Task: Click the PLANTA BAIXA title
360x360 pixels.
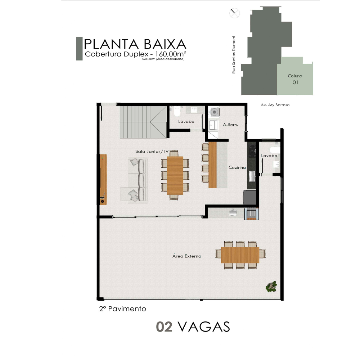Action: (135, 44)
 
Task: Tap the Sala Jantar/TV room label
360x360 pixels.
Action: (152, 151)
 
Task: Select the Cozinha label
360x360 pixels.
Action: (237, 167)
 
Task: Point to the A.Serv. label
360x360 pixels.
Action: (230, 125)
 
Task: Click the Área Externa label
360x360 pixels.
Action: (186, 256)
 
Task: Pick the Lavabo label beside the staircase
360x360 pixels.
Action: (186, 121)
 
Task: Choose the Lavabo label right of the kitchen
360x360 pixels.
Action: (269, 156)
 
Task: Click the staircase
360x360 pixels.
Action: (143, 122)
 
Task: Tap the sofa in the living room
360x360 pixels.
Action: (134, 180)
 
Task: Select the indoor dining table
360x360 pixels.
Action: (175, 175)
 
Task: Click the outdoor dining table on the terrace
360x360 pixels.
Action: (240, 255)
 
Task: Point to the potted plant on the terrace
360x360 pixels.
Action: (271, 286)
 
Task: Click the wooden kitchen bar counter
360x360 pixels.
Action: (213, 165)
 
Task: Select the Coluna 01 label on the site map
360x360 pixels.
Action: (295, 79)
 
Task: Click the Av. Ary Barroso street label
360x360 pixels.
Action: (275, 105)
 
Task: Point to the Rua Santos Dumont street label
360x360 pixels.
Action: (234, 55)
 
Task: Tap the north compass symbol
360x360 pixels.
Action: (234, 13)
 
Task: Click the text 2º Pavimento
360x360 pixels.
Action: (123, 309)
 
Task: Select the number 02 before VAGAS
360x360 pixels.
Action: (164, 327)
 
